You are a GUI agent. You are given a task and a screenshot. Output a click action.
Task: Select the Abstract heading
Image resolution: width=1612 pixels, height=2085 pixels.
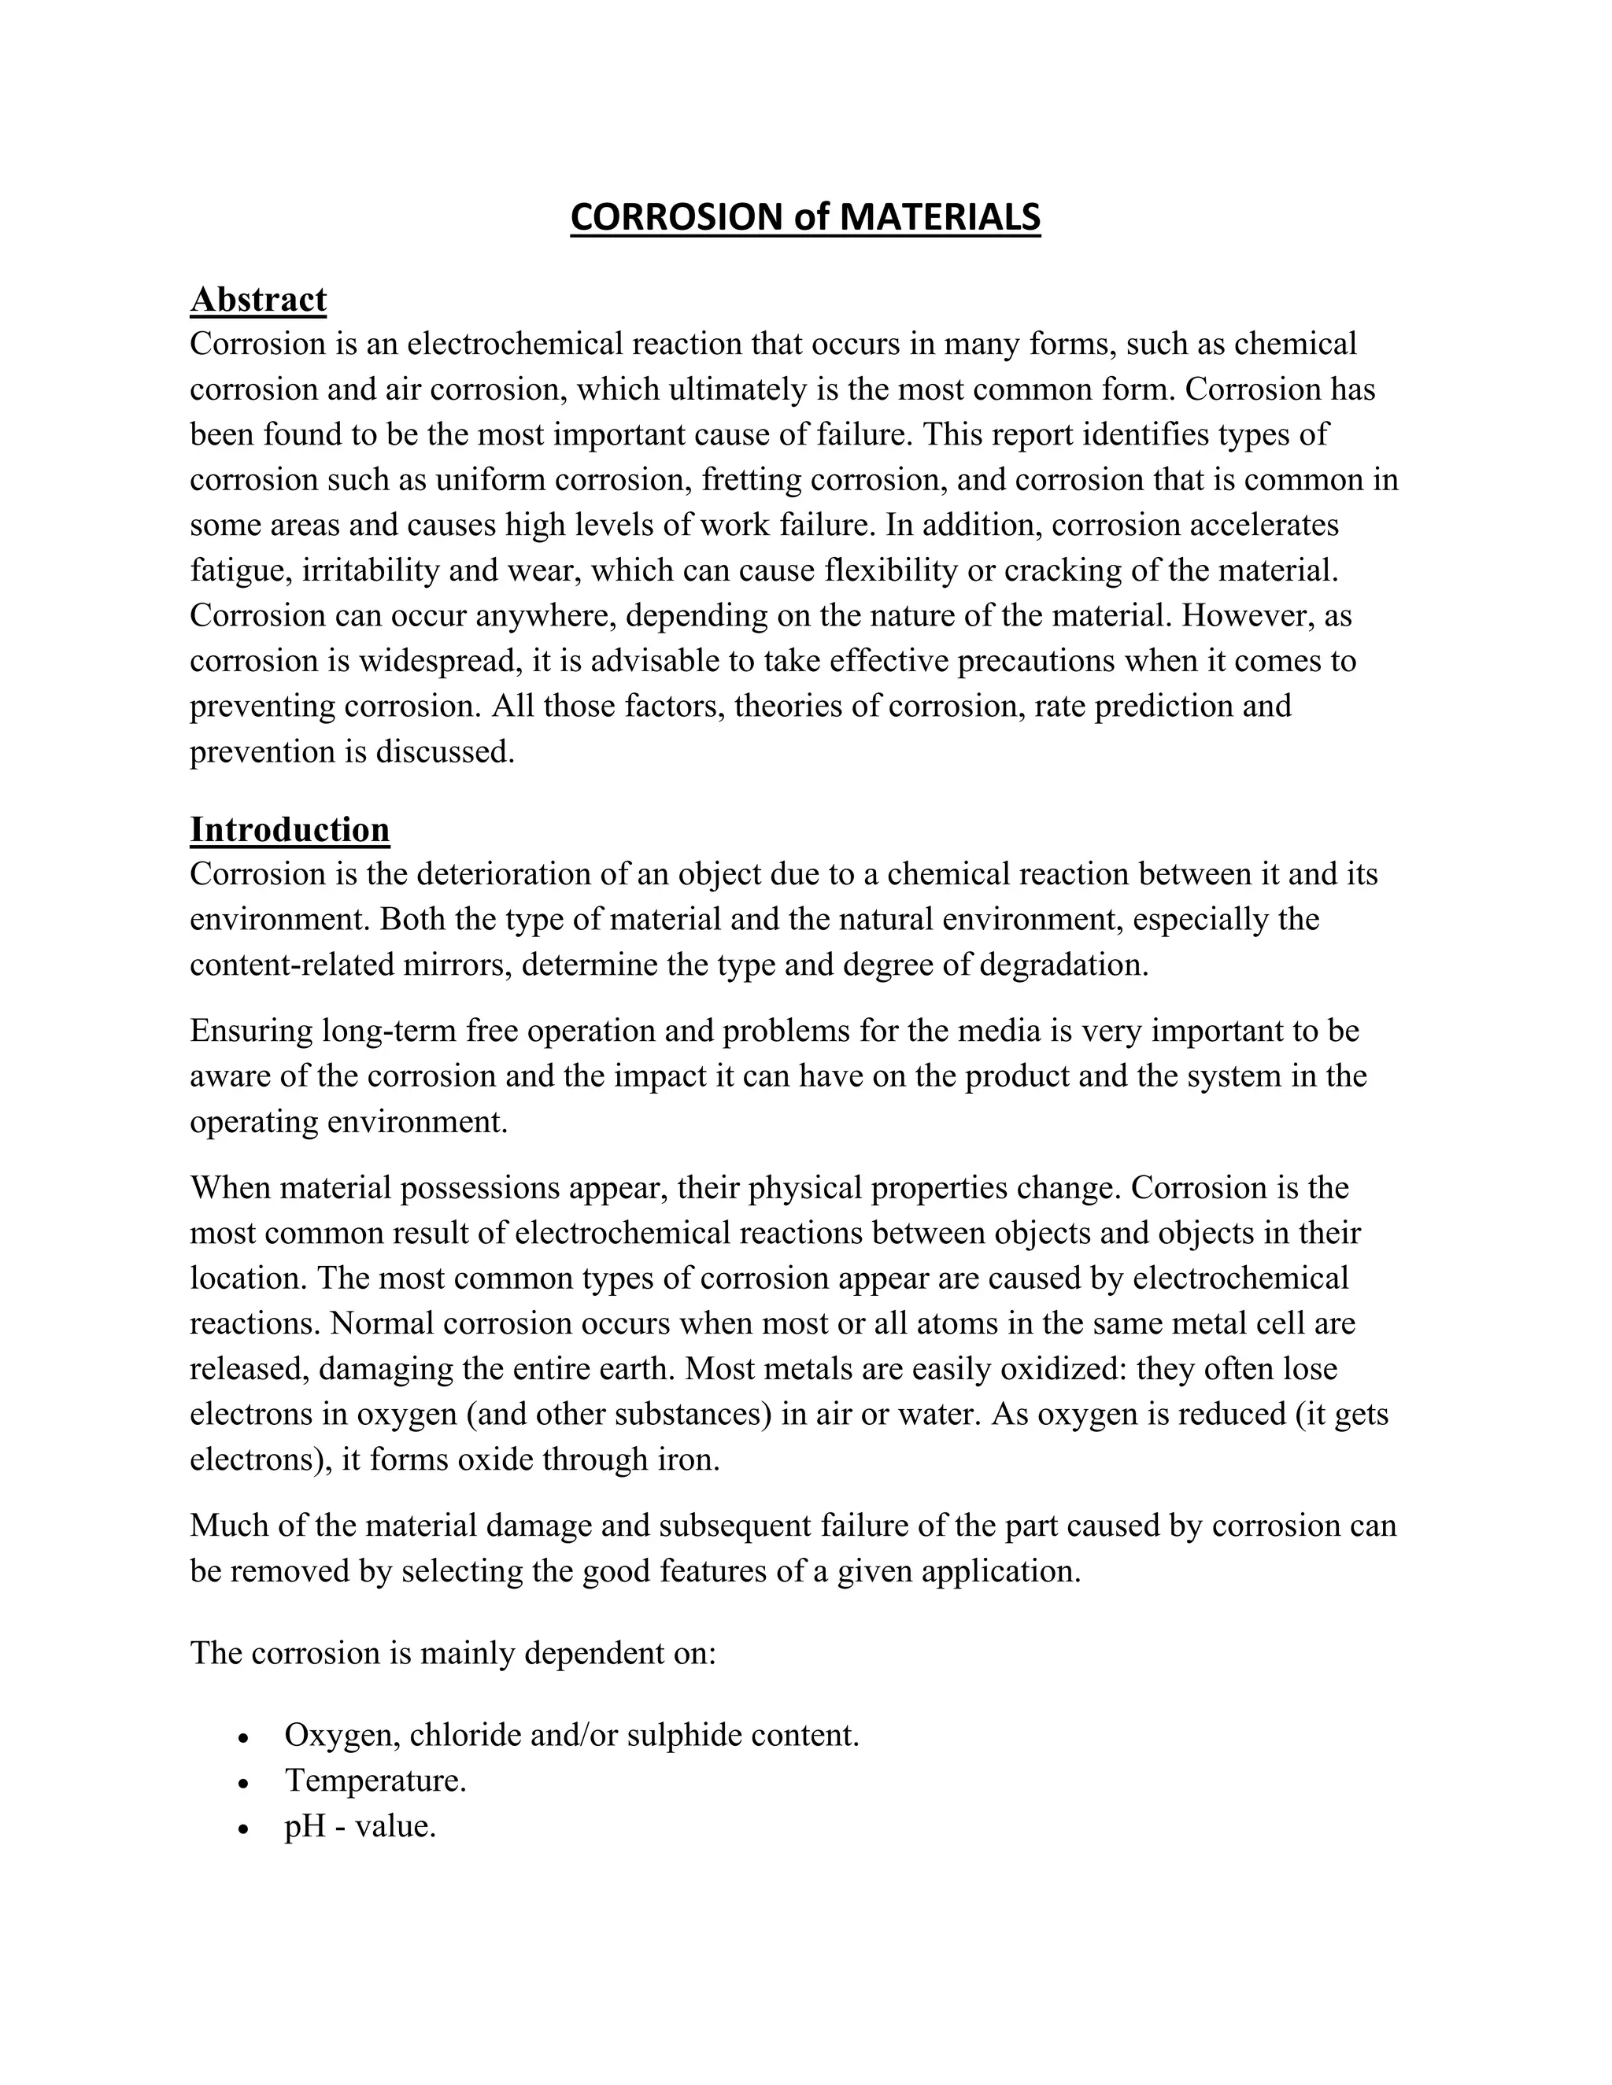[258, 300]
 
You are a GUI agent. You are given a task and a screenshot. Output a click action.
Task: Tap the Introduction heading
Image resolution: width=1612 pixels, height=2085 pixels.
[290, 829]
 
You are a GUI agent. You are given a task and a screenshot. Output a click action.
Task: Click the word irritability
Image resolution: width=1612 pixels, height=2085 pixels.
[373, 571]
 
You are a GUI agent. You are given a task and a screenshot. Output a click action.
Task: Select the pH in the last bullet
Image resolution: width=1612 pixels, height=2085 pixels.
[305, 1827]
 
